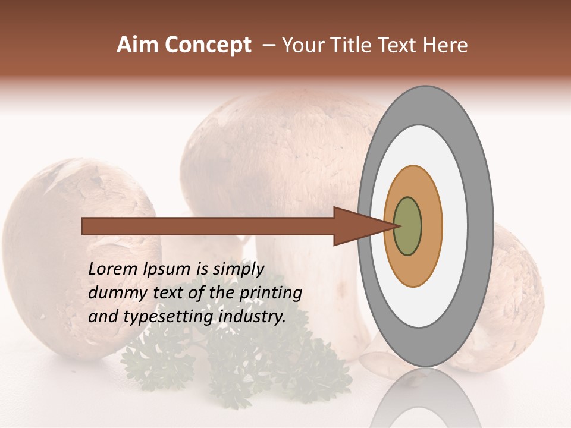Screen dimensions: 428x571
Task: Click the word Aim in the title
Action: click(x=137, y=45)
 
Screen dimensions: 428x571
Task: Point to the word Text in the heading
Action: click(x=399, y=45)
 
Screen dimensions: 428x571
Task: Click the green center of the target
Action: click(x=408, y=226)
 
